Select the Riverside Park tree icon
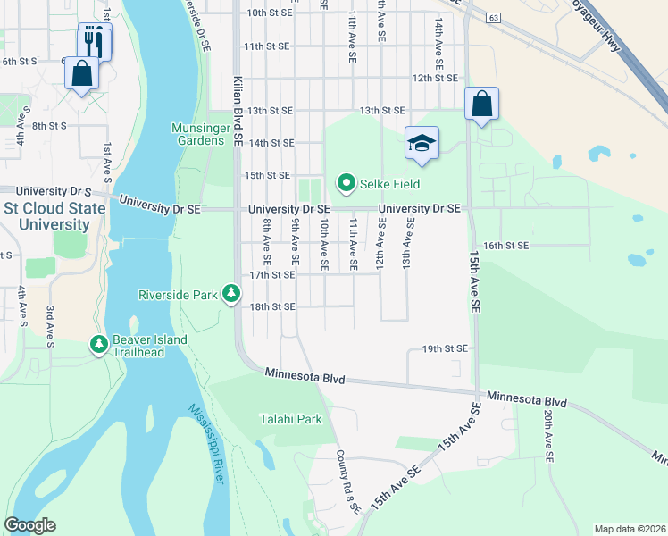click(231, 293)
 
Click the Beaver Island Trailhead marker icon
click(98, 344)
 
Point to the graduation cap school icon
click(422, 143)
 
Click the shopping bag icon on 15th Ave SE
click(481, 104)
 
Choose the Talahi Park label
click(290, 419)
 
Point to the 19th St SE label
click(445, 348)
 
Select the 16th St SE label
click(506, 245)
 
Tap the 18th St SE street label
click(271, 306)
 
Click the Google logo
click(29, 525)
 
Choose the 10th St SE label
click(269, 13)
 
